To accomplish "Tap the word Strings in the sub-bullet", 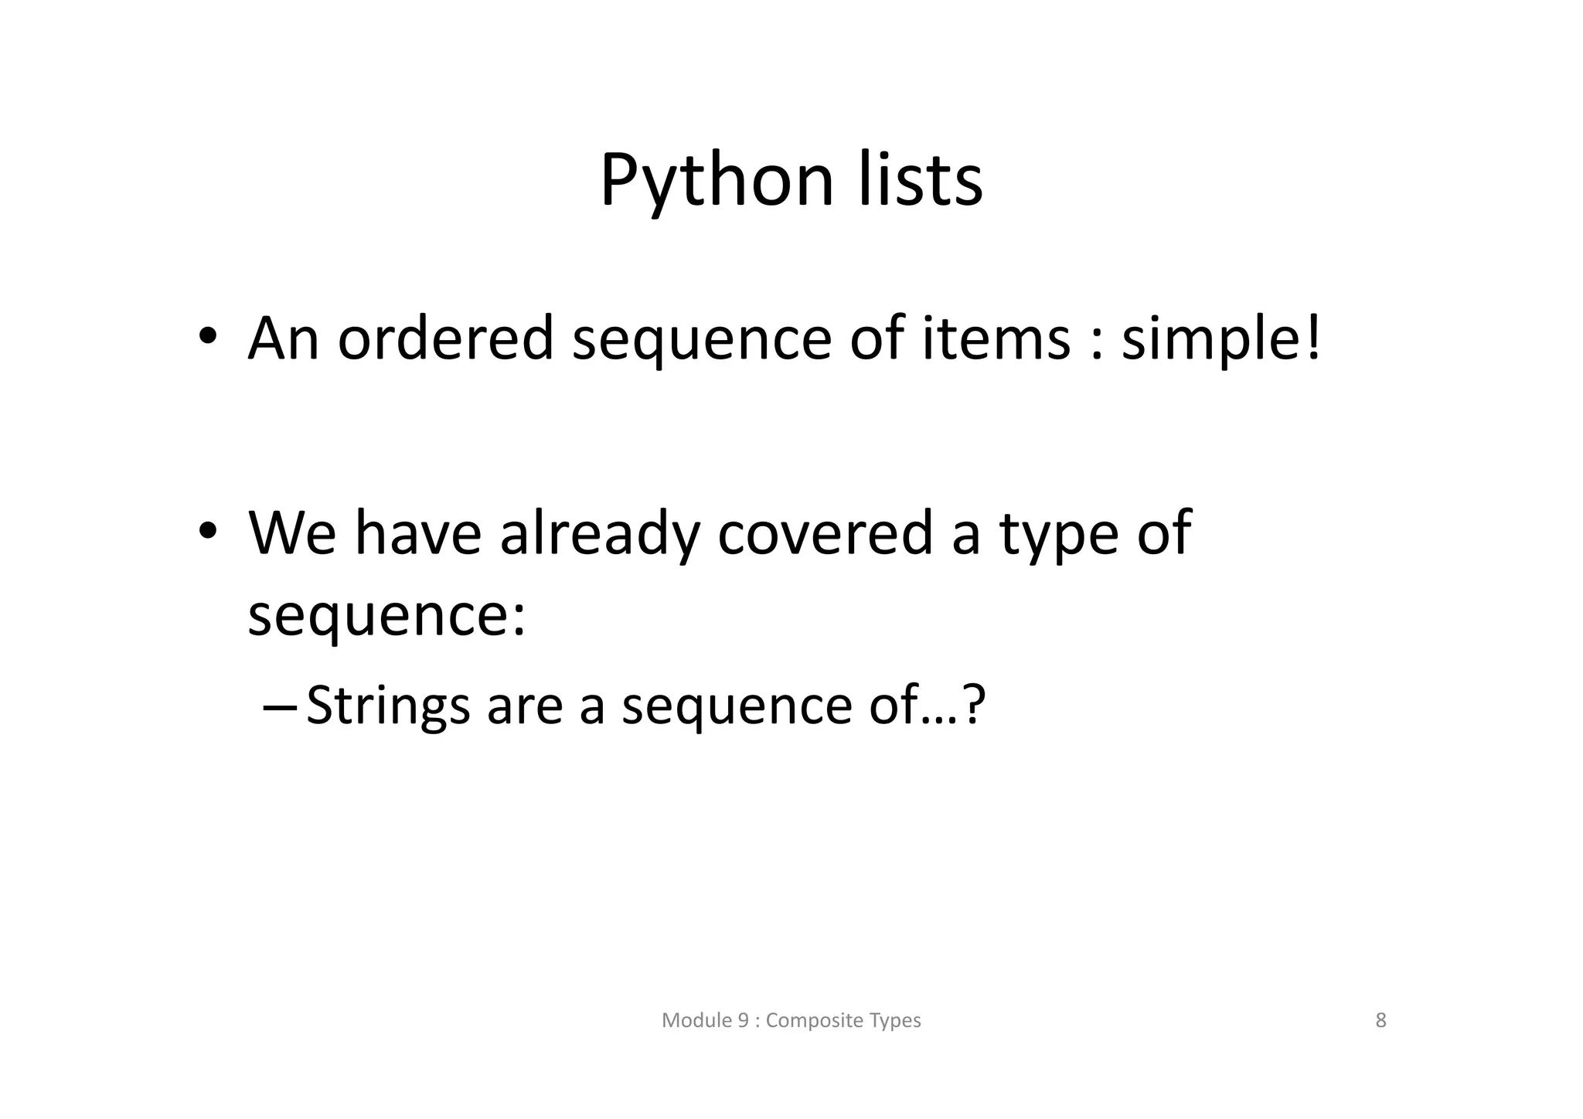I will pyautogui.click(x=388, y=706).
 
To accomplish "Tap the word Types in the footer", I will pyautogui.click(x=895, y=1021).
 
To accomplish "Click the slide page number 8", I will pyautogui.click(x=1380, y=1021).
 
